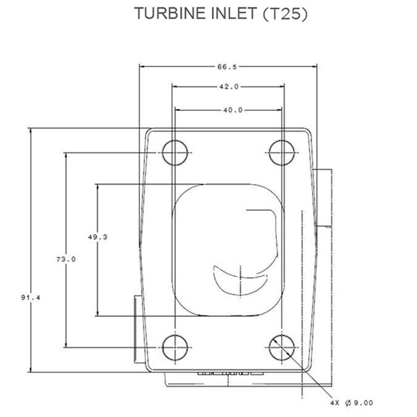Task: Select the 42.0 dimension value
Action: pos(228,87)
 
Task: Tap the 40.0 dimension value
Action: pos(228,110)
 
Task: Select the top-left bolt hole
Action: pos(174,151)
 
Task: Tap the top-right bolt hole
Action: pos(280,151)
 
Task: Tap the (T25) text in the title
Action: pos(285,14)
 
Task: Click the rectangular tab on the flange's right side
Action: pos(322,198)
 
